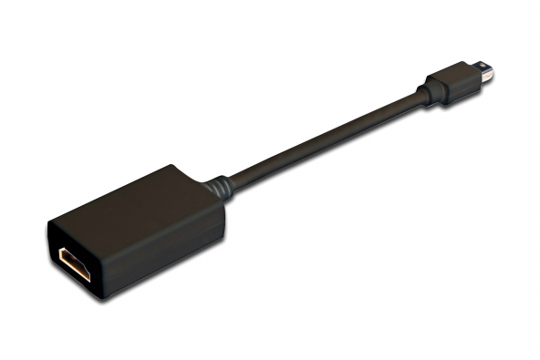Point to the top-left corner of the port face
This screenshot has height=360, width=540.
click(48, 221)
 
